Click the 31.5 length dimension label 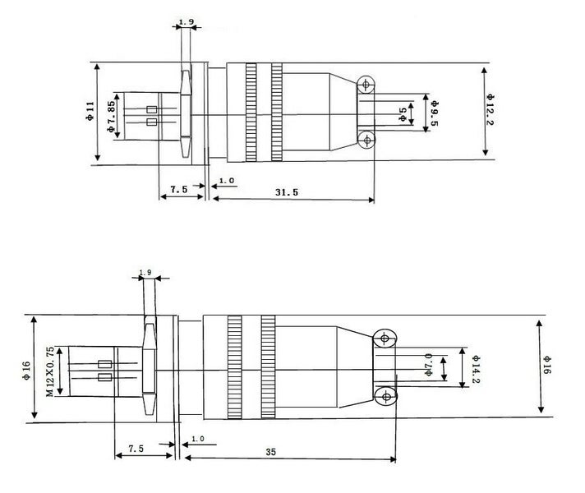(x=287, y=192)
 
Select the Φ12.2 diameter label (x=490, y=109)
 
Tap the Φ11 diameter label (x=90, y=111)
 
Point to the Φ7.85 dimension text (x=111, y=117)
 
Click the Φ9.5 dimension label (x=434, y=113)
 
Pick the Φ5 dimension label (x=403, y=114)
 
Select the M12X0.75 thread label (x=50, y=371)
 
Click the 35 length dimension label (x=271, y=452)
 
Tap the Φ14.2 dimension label (x=476, y=369)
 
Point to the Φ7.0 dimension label (x=428, y=365)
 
